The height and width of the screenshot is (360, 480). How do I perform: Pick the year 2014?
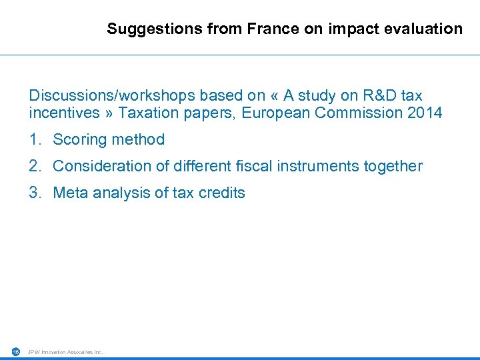pyautogui.click(x=424, y=113)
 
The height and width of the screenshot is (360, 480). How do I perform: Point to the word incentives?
pyautogui.click(x=64, y=113)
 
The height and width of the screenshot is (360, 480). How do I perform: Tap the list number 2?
pyautogui.click(x=34, y=166)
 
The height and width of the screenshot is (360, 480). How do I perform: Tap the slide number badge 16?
pyautogui.click(x=16, y=351)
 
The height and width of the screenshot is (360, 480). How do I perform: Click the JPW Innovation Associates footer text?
pyautogui.click(x=65, y=352)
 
